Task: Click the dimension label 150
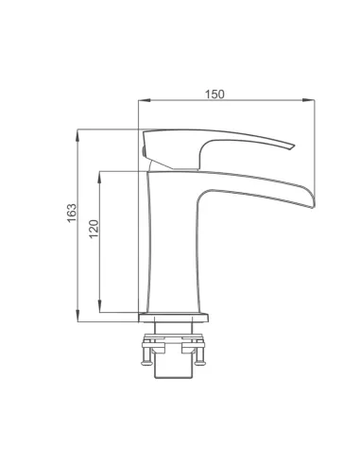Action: tap(214, 95)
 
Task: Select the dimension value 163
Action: tap(72, 213)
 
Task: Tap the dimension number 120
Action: tap(94, 229)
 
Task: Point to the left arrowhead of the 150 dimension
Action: tap(144, 100)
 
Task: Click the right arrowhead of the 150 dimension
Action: tap(309, 100)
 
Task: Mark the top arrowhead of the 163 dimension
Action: tap(77, 134)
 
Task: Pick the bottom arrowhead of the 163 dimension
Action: tap(77, 317)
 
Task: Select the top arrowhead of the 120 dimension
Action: tap(99, 177)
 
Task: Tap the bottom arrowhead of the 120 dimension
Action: tap(99, 307)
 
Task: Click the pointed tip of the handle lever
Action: tap(294, 146)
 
